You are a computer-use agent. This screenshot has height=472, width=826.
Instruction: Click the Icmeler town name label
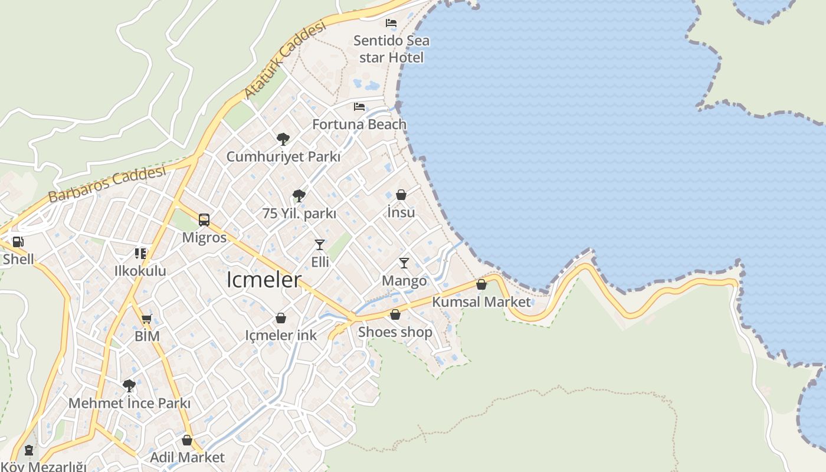click(264, 280)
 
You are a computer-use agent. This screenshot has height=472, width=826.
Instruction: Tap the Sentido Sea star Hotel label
click(391, 49)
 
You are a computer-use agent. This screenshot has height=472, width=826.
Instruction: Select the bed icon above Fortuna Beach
click(359, 107)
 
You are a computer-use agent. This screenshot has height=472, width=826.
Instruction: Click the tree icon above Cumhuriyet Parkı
click(283, 139)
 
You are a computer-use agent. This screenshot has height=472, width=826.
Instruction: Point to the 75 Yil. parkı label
click(299, 214)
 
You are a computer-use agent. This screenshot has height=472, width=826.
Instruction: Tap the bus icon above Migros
click(204, 220)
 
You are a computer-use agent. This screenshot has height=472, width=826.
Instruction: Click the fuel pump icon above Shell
click(18, 242)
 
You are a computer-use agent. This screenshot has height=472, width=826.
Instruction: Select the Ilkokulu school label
click(140, 271)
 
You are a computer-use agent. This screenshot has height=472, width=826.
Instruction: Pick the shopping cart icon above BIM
click(146, 319)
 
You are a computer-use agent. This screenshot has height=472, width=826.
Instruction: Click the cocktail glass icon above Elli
click(320, 244)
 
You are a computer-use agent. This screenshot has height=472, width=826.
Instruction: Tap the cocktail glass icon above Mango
click(404, 263)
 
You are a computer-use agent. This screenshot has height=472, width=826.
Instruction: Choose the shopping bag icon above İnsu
click(401, 195)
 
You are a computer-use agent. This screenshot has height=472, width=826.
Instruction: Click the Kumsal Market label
click(481, 302)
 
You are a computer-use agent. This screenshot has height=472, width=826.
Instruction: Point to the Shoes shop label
click(395, 332)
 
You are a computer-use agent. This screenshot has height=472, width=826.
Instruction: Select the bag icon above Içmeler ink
click(281, 319)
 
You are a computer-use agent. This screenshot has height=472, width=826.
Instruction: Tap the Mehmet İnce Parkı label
click(129, 404)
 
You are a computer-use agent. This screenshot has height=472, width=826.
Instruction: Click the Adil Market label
click(187, 457)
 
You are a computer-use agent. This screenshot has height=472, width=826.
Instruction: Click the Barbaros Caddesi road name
click(107, 185)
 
